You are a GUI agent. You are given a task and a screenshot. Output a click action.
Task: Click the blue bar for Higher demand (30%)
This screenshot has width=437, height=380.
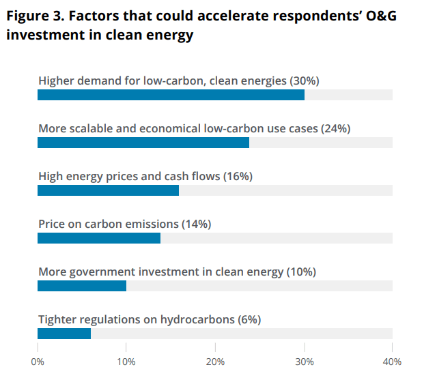pyautogui.click(x=171, y=95)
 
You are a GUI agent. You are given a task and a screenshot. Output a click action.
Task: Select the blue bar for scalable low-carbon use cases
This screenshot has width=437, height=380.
pyautogui.click(x=143, y=143)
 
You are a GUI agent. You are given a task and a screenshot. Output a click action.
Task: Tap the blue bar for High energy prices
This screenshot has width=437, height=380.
pyautogui.click(x=108, y=190)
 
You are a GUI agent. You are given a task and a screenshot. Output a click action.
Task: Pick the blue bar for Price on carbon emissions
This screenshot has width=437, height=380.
pyautogui.click(x=99, y=238)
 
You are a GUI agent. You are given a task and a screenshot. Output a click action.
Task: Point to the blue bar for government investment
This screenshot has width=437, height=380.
pyautogui.click(x=82, y=286)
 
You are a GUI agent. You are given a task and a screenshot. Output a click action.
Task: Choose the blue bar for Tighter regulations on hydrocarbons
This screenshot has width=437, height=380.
pyautogui.click(x=64, y=334)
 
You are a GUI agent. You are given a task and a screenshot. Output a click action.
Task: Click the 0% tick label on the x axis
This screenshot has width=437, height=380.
pyautogui.click(x=38, y=361)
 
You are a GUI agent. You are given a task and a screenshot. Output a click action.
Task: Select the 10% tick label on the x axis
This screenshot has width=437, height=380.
pyautogui.click(x=126, y=361)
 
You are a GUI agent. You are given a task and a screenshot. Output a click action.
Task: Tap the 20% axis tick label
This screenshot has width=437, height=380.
pyautogui.click(x=215, y=361)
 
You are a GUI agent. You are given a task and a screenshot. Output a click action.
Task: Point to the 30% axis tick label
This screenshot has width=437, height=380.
pyautogui.click(x=304, y=361)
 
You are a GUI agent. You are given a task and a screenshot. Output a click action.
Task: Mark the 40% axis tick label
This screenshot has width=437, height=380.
pyautogui.click(x=392, y=361)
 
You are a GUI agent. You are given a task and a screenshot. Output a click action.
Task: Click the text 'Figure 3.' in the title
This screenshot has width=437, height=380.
pyautogui.click(x=32, y=17)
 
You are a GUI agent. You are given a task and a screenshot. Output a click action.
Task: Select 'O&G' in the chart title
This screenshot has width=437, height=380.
pyautogui.click(x=378, y=17)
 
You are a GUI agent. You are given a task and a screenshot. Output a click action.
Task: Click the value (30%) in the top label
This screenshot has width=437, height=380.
pyautogui.click(x=305, y=81)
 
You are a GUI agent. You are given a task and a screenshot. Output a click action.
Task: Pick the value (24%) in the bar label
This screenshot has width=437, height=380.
pyautogui.click(x=335, y=128)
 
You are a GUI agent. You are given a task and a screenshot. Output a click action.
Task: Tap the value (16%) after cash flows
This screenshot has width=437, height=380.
pyautogui.click(x=238, y=176)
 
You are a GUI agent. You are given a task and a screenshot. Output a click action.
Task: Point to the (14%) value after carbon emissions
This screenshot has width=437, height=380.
pyautogui.click(x=196, y=224)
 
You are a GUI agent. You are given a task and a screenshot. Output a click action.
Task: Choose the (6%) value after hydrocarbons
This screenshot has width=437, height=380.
pyautogui.click(x=249, y=319)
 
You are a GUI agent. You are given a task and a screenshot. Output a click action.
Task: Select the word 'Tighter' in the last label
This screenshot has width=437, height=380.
pyautogui.click(x=57, y=319)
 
